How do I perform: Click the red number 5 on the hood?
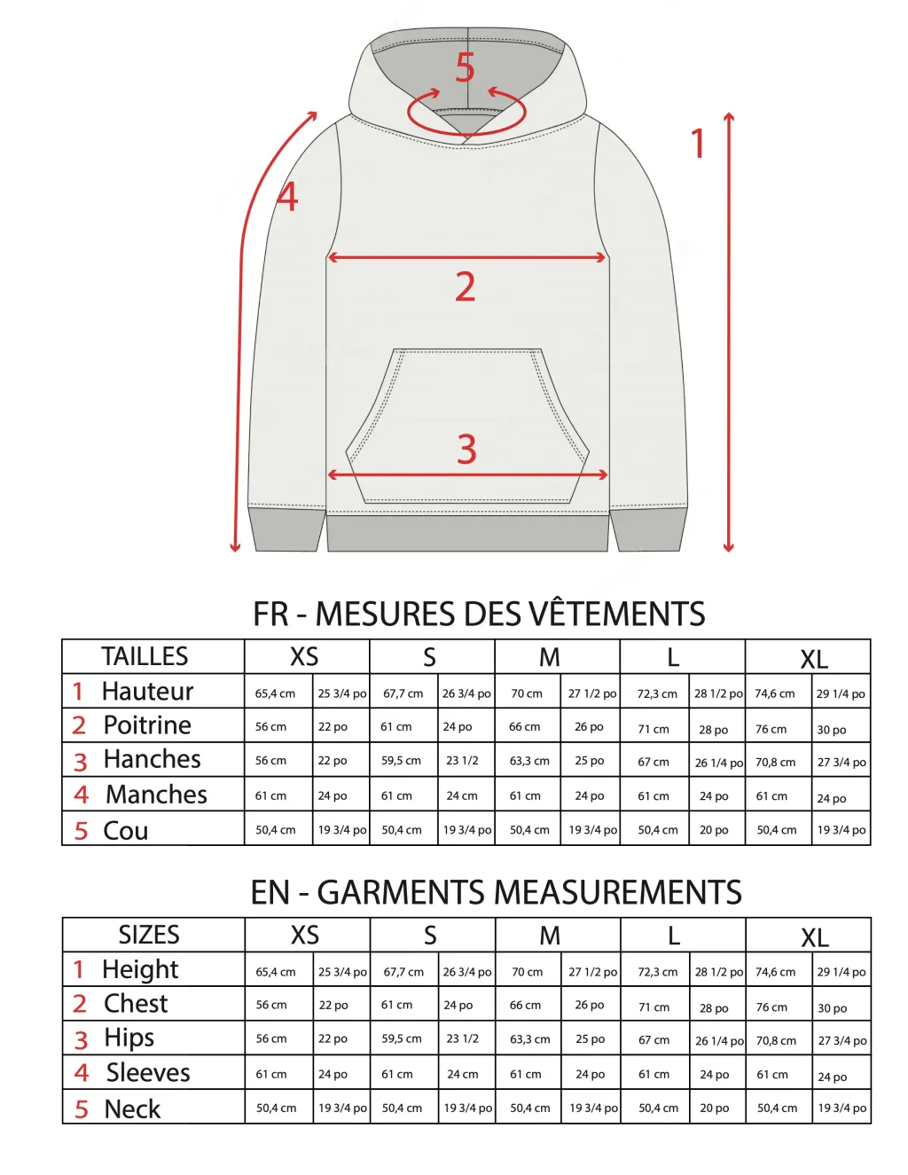pyautogui.click(x=466, y=68)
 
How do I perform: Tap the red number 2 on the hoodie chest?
pyautogui.click(x=466, y=286)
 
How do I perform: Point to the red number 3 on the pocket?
pyautogui.click(x=467, y=450)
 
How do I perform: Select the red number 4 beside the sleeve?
pyautogui.click(x=287, y=197)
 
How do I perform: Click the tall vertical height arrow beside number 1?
pyautogui.click(x=729, y=333)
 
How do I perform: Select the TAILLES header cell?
pyautogui.click(x=145, y=656)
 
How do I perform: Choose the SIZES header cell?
pyautogui.click(x=149, y=935)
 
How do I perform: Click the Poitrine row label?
pyautogui.click(x=147, y=725)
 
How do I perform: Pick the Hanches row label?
pyautogui.click(x=152, y=759)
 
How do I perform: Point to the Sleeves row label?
pyautogui.click(x=148, y=1073)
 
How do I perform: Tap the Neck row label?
pyautogui.click(x=132, y=1108)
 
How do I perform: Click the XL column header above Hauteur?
pyautogui.click(x=814, y=659)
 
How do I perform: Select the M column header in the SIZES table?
pyautogui.click(x=550, y=936)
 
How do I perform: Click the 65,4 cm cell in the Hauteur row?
pyautogui.click(x=275, y=693)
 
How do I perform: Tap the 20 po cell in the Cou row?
pyautogui.click(x=714, y=830)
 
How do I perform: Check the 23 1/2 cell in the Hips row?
pyautogui.click(x=462, y=1038)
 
